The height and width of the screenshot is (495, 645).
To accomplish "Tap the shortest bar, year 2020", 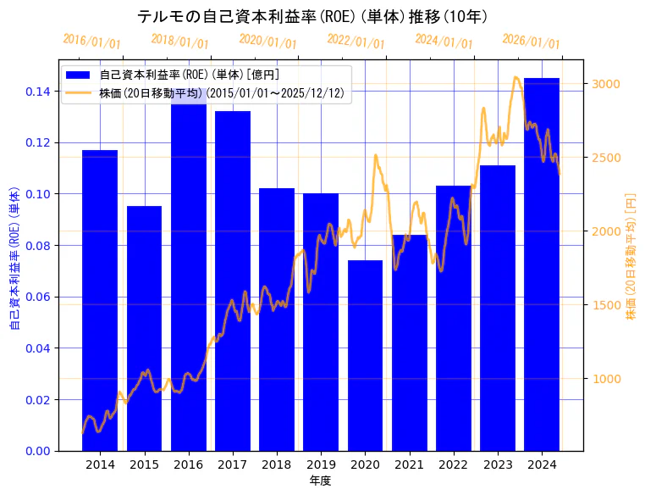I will point(365,355).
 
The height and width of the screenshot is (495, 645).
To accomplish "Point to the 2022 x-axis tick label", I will point(453,464).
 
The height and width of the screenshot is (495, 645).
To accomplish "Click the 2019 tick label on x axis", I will point(321,464).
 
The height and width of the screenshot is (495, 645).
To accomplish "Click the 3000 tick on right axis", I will point(606,84).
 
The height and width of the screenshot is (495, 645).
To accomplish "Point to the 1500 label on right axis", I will point(606,305).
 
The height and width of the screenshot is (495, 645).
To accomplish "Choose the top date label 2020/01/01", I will point(268,41).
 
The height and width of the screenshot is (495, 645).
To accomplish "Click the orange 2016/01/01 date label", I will point(92,41).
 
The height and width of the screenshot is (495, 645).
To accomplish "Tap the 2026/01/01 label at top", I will point(532,41).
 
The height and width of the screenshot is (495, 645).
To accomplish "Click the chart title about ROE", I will point(312,16).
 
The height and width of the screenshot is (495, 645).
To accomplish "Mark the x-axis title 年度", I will point(320,481).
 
